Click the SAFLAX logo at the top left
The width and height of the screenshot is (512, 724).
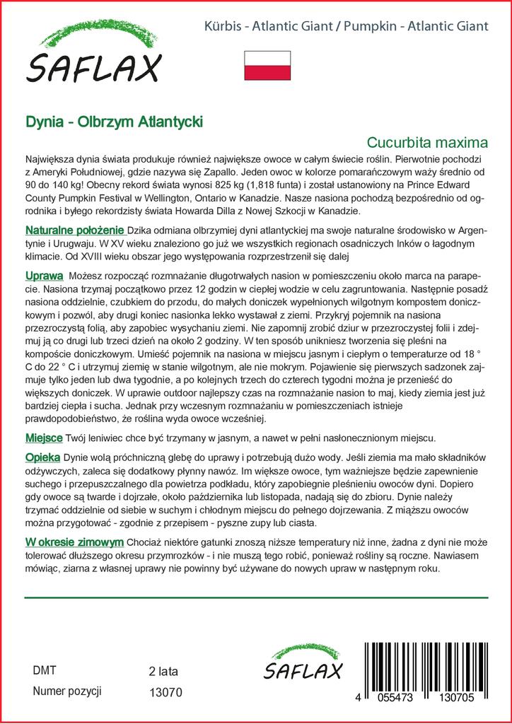[x=94, y=56]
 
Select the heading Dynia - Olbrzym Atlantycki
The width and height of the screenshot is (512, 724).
[x=114, y=122]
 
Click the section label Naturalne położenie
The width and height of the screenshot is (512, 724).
[x=75, y=231]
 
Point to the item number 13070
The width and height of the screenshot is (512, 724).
[x=166, y=692]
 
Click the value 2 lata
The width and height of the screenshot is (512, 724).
[x=163, y=671]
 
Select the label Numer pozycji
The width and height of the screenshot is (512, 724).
[x=68, y=691]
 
